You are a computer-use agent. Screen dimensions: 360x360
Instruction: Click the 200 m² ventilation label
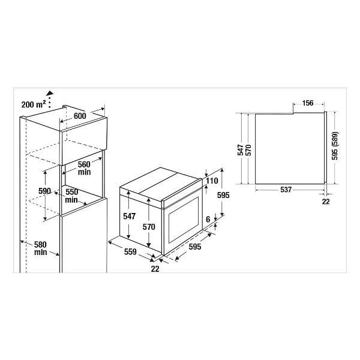point(34,104)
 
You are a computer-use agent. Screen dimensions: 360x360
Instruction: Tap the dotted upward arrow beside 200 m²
point(49,100)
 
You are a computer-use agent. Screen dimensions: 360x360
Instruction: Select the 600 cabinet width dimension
point(80,116)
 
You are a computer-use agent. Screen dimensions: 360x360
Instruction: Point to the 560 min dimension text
point(84,168)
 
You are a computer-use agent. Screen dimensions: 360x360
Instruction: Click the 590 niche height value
point(44,191)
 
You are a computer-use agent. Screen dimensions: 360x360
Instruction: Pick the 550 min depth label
point(71,196)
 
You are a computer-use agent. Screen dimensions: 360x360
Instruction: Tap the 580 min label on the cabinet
point(40,248)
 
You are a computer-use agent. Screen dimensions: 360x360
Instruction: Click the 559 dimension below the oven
point(130,252)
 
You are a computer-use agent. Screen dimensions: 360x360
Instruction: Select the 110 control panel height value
point(212,181)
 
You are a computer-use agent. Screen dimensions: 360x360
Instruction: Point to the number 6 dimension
point(208,220)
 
